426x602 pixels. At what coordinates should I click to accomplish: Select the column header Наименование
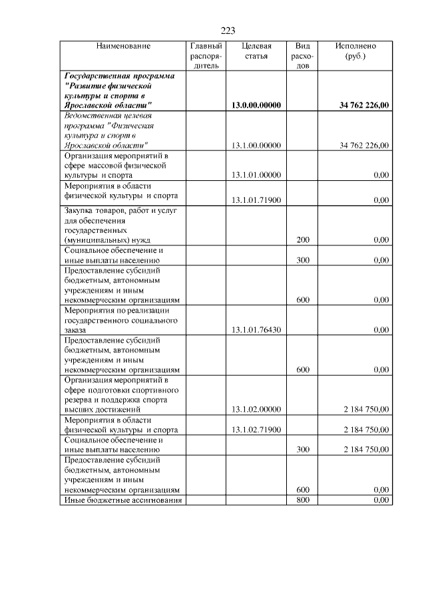123,47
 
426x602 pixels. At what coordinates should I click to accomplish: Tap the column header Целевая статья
256,51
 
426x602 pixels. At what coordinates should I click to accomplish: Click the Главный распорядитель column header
206,56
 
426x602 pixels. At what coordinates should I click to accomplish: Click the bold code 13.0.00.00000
256,106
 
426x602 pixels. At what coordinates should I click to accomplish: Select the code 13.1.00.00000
256,145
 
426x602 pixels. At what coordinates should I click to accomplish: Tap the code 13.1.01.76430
256,329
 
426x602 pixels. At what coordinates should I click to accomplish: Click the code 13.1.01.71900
256,200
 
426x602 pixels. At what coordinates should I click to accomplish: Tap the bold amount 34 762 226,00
364,106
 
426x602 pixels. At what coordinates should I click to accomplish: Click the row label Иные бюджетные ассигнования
122,500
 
